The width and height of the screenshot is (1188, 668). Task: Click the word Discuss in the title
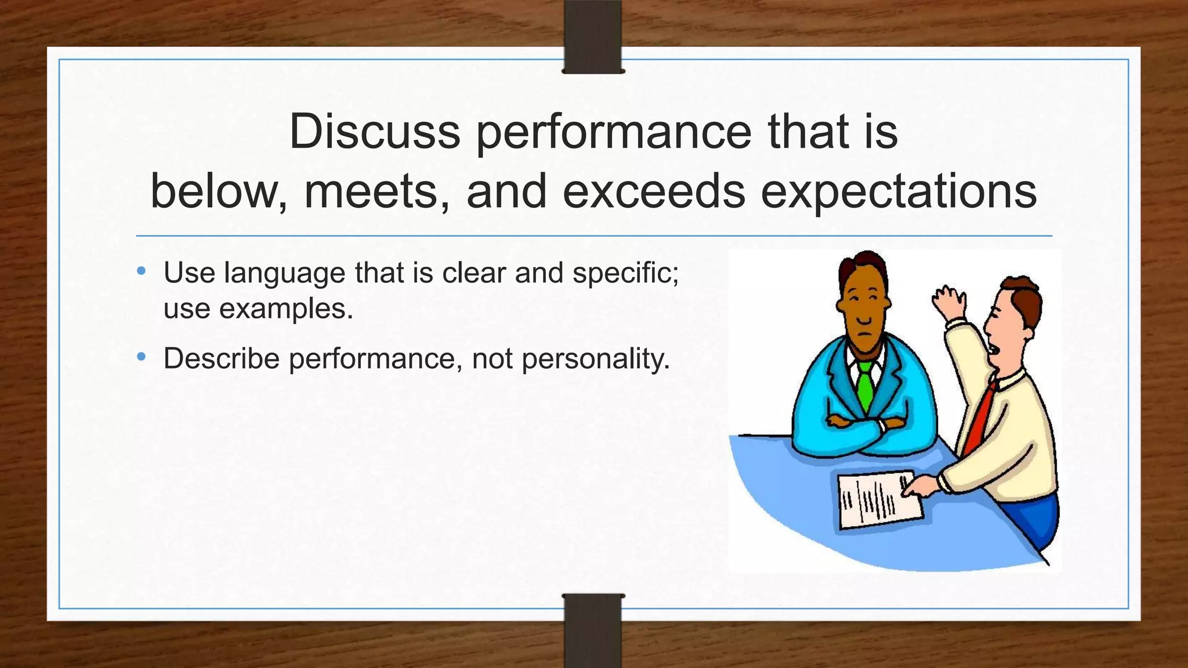[374, 132]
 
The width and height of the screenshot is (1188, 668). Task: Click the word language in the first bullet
[284, 273]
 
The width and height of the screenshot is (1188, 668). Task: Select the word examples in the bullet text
[285, 308]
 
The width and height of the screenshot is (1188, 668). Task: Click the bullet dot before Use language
[142, 271]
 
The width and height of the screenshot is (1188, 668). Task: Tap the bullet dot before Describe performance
[142, 357]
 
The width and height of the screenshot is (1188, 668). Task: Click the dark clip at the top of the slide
[593, 36]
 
